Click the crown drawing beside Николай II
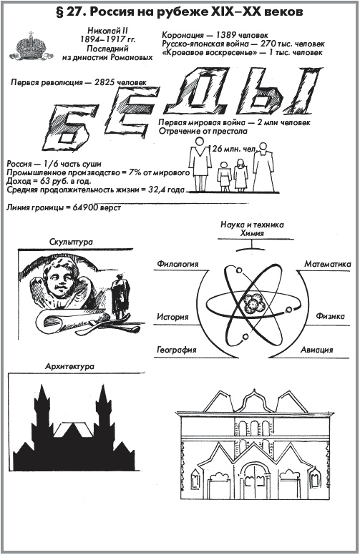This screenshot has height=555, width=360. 31,46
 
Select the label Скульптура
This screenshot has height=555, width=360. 72,242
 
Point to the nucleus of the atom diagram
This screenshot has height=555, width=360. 253,303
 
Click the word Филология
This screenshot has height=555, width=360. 178,264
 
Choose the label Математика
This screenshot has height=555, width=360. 328,264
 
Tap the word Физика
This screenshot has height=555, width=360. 330,315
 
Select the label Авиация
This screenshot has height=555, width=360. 317,350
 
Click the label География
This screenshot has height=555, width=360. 177,350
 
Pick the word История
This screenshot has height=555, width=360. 172,317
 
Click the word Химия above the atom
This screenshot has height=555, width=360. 252,233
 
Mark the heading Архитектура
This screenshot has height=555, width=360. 70,366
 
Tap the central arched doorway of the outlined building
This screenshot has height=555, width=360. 253,485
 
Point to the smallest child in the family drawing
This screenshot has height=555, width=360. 224,177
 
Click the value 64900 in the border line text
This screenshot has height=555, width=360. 84,208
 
